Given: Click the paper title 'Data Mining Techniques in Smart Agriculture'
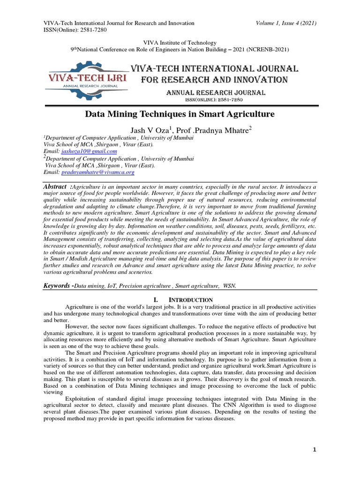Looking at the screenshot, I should click(x=180, y=114).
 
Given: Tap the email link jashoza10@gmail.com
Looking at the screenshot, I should click(x=89, y=152).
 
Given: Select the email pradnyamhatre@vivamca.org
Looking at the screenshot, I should click(x=98, y=172).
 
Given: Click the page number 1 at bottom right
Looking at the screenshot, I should click(x=315, y=450).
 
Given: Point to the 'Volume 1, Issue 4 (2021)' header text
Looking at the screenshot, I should click(x=286, y=23).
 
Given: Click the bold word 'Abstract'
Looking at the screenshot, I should click(x=54, y=187).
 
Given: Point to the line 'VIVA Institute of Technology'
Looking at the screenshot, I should click(x=180, y=43).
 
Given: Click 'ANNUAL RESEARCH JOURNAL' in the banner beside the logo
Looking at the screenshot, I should click(x=216, y=93).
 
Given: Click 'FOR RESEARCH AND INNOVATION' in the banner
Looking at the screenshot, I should click(x=214, y=80).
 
